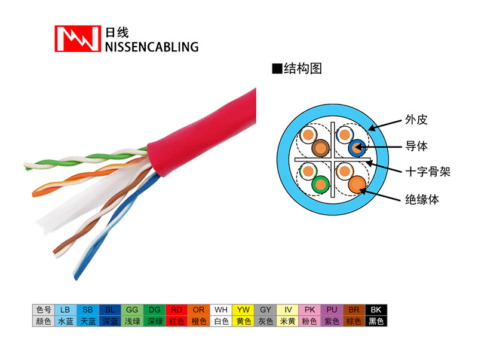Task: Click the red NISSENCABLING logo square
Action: click(x=78, y=38)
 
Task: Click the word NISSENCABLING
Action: click(x=152, y=47)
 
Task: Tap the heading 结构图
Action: click(x=303, y=68)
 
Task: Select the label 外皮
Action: click(x=416, y=120)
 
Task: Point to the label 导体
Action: click(x=416, y=146)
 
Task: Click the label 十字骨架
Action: click(x=428, y=172)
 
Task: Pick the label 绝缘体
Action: click(x=422, y=199)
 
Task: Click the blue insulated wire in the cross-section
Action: click(x=357, y=148)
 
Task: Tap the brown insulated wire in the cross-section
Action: click(x=320, y=148)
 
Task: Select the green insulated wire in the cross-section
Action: click(x=320, y=185)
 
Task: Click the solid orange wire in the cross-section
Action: click(x=357, y=184)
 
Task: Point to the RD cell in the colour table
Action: click(x=176, y=310)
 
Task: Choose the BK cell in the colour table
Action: click(x=376, y=310)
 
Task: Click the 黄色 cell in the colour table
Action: click(x=243, y=321)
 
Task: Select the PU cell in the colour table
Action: click(x=332, y=310)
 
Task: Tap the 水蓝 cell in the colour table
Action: click(x=66, y=321)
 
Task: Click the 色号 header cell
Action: click(x=44, y=310)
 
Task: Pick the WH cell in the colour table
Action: click(x=221, y=310)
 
